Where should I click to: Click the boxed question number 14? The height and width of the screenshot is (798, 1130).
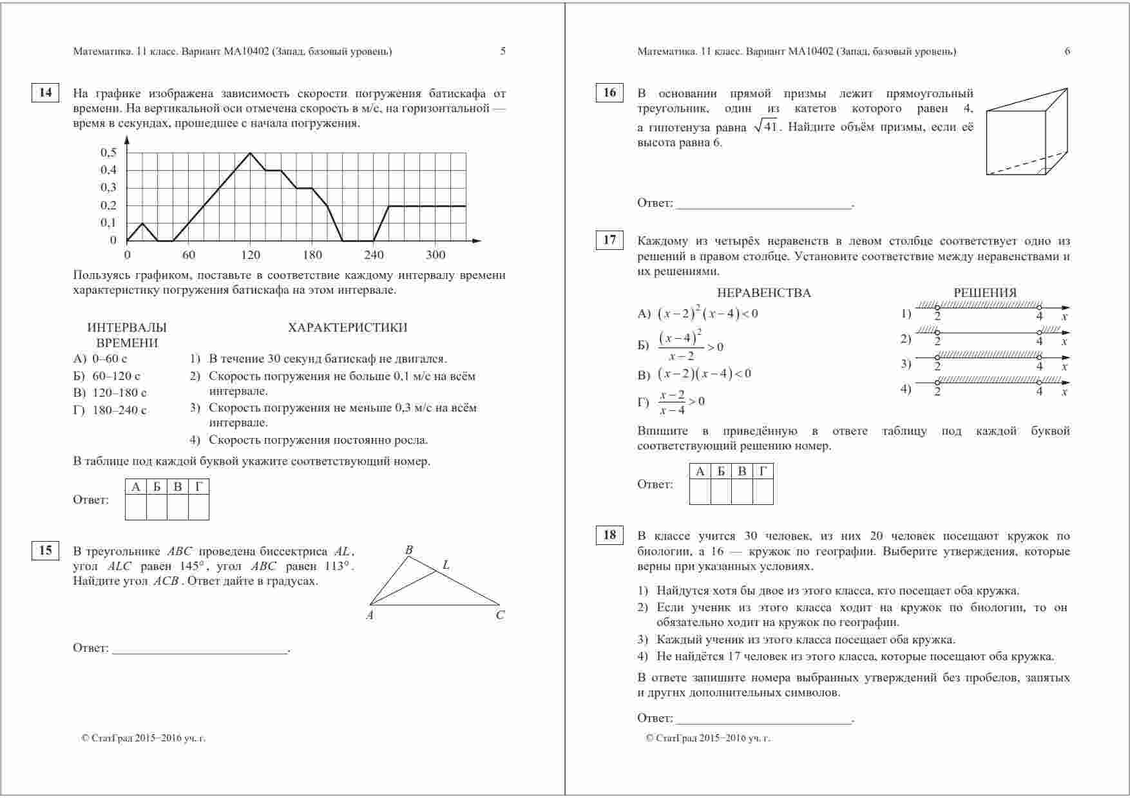coord(45,93)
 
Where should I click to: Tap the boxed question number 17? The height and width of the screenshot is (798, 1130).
coord(609,241)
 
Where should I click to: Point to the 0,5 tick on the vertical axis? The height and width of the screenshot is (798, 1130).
coord(109,153)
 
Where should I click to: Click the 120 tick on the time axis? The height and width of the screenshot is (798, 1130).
coord(250,255)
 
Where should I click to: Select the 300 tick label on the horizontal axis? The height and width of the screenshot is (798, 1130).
coord(436,255)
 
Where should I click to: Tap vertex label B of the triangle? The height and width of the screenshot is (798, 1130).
coord(408,550)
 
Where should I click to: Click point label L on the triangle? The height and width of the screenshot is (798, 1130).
coord(446,565)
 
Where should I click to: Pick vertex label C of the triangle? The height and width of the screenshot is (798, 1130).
coord(500,615)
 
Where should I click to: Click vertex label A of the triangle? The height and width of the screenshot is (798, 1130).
coord(370,615)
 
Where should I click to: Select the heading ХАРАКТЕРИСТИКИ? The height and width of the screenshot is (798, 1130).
coord(348,327)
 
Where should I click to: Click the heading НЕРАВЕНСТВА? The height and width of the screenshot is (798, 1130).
coord(763,293)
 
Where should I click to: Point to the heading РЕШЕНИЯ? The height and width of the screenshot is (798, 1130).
coord(984,293)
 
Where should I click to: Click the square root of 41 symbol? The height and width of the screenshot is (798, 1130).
coord(766,127)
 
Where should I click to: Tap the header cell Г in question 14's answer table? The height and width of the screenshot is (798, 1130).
coord(198,487)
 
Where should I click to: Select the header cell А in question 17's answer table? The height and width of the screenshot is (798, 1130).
coord(700,471)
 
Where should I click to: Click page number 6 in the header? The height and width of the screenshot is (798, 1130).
coord(1067,52)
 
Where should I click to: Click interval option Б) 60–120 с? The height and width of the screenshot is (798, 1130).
coord(107,376)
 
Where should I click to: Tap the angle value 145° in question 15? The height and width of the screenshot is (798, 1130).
coord(191,566)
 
